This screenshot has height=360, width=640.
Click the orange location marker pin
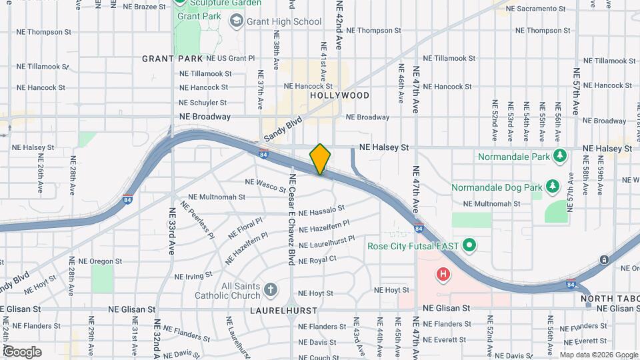(320, 159)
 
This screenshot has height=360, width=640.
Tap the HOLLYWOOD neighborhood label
(339, 95)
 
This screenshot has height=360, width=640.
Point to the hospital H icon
(442, 273)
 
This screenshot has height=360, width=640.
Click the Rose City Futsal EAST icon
(469, 246)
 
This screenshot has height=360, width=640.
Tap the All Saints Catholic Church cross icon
(269, 290)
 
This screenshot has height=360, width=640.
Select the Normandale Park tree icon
(561, 157)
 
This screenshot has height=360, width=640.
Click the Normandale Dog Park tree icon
(551, 186)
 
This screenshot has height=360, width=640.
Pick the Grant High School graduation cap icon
(236, 21)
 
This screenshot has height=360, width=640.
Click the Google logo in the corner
(22, 351)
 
